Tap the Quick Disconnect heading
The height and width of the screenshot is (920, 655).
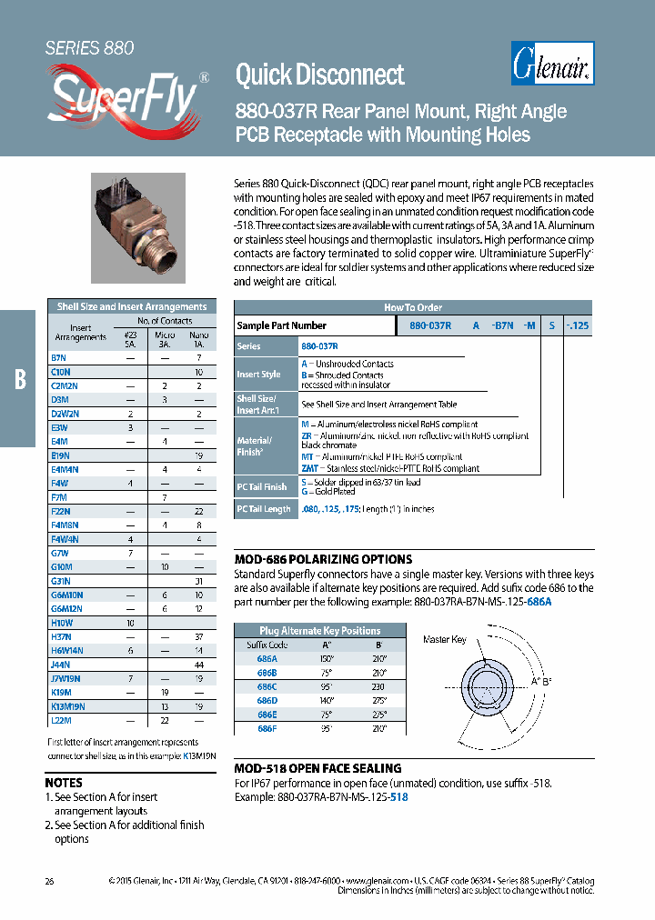coord(319,74)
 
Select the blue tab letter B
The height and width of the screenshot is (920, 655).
coord(19,379)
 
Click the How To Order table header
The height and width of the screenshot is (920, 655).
coord(412,307)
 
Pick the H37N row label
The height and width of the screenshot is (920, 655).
coord(61,636)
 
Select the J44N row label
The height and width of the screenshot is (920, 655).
coord(60,665)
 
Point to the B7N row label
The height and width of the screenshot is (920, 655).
coord(59,358)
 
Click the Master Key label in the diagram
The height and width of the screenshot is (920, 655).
coord(444,639)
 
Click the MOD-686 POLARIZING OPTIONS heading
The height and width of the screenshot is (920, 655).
coord(323,559)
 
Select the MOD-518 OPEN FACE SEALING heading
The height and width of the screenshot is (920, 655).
coord(317,768)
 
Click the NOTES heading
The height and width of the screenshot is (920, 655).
coord(64,782)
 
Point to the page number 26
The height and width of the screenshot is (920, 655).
coord(49,881)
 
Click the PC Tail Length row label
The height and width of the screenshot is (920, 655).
coord(264,509)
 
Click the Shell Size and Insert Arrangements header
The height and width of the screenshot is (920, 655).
coord(132,306)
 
